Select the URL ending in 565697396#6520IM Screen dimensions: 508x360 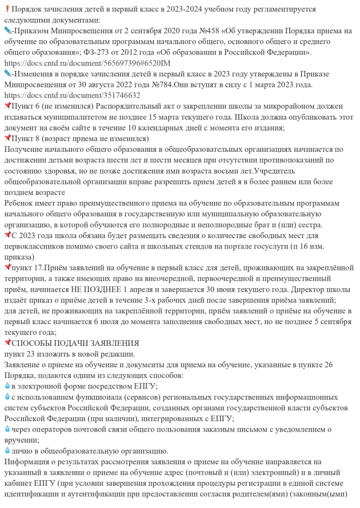87,63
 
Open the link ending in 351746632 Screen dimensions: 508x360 72,95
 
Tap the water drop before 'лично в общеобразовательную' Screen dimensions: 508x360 6,450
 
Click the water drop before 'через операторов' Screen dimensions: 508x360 6,429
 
